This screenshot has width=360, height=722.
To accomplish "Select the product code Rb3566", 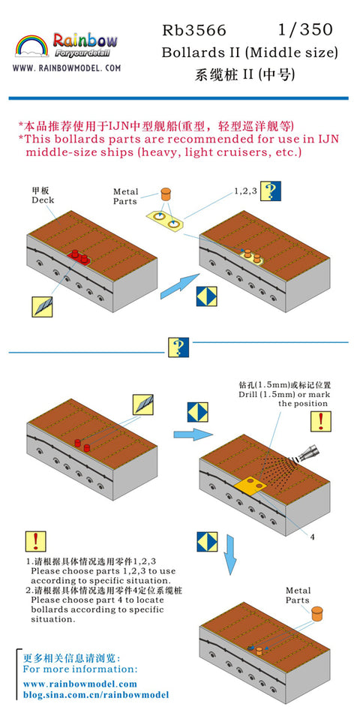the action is (194, 31).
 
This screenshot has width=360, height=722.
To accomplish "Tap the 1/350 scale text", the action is (304, 30).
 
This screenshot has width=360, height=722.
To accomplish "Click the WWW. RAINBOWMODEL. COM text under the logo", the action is (67, 68).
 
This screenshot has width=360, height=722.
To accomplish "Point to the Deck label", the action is (43, 200).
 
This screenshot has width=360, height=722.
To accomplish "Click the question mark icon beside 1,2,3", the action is (271, 191).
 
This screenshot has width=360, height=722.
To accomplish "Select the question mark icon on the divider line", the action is (178, 347).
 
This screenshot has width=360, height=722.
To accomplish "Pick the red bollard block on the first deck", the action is (79, 257).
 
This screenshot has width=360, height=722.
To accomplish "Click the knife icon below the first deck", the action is (42, 307).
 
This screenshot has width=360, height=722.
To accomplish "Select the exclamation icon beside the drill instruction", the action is (321, 422).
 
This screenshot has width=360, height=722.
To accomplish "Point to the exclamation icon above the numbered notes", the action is (35, 542).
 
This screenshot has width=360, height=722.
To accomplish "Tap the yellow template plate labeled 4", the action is (250, 486).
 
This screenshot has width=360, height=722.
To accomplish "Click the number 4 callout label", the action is (313, 537).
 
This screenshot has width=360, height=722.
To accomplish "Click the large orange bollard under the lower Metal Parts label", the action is (316, 614).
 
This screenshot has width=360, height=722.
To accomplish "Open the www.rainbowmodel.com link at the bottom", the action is (80, 684).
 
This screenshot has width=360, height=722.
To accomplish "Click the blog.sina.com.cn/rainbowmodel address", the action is (96, 695).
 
